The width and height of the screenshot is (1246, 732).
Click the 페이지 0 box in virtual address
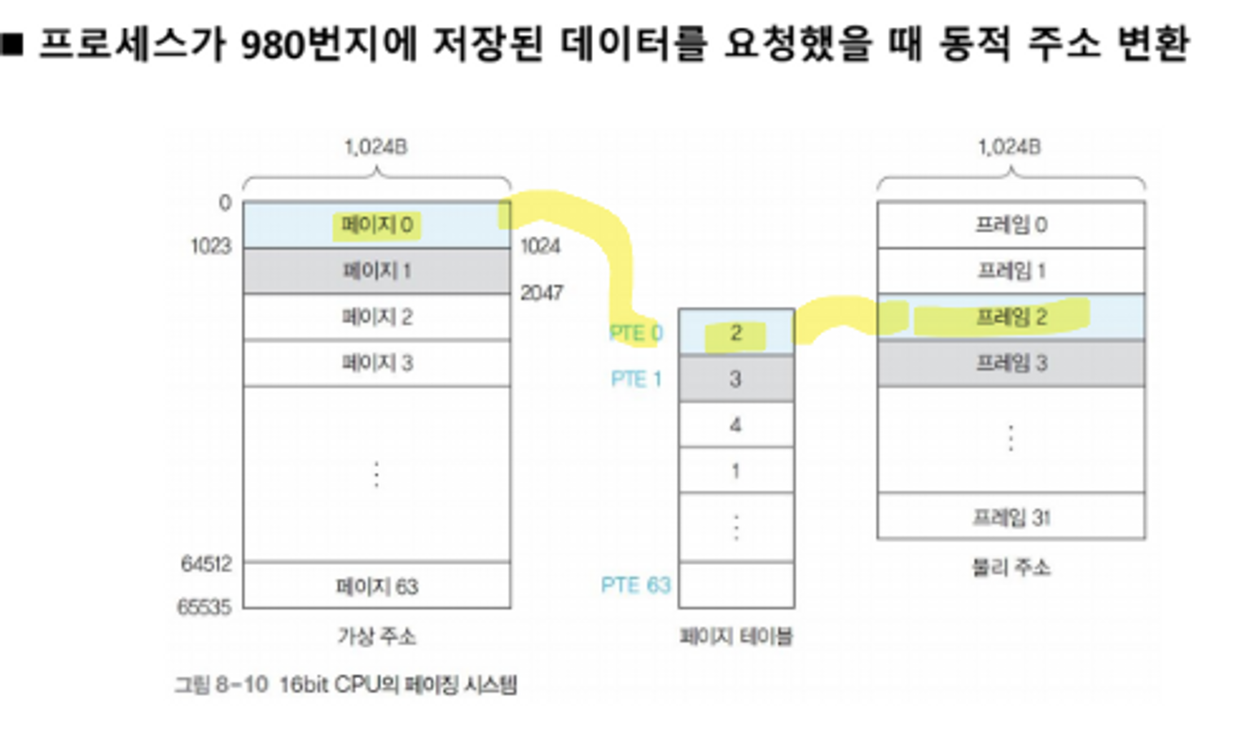point(377,225)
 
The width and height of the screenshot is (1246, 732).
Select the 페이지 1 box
point(377,271)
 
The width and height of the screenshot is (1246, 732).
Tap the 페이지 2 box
point(377,317)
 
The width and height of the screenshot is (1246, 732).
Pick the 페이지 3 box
point(377,363)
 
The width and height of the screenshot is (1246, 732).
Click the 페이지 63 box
point(377,586)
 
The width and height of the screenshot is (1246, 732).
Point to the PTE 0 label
point(636,333)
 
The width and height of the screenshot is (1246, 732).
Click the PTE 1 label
point(636,379)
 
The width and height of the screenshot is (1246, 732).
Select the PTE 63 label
point(635,585)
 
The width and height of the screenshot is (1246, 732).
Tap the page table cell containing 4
point(736,424)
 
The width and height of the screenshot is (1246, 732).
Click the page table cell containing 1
point(736,471)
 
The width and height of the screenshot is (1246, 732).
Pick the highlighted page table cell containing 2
point(736,332)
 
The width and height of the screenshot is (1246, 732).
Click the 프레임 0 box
point(1011,225)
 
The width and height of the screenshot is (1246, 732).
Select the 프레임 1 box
point(1011,271)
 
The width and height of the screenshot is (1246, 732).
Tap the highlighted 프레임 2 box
point(1011,317)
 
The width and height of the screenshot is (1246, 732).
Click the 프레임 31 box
point(1011,516)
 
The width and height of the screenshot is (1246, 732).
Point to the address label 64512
point(206,563)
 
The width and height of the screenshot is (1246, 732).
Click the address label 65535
point(204,607)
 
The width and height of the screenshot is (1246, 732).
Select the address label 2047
point(542,292)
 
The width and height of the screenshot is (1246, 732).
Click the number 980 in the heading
point(273,46)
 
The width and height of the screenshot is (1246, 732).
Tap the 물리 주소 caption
point(1011,568)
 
